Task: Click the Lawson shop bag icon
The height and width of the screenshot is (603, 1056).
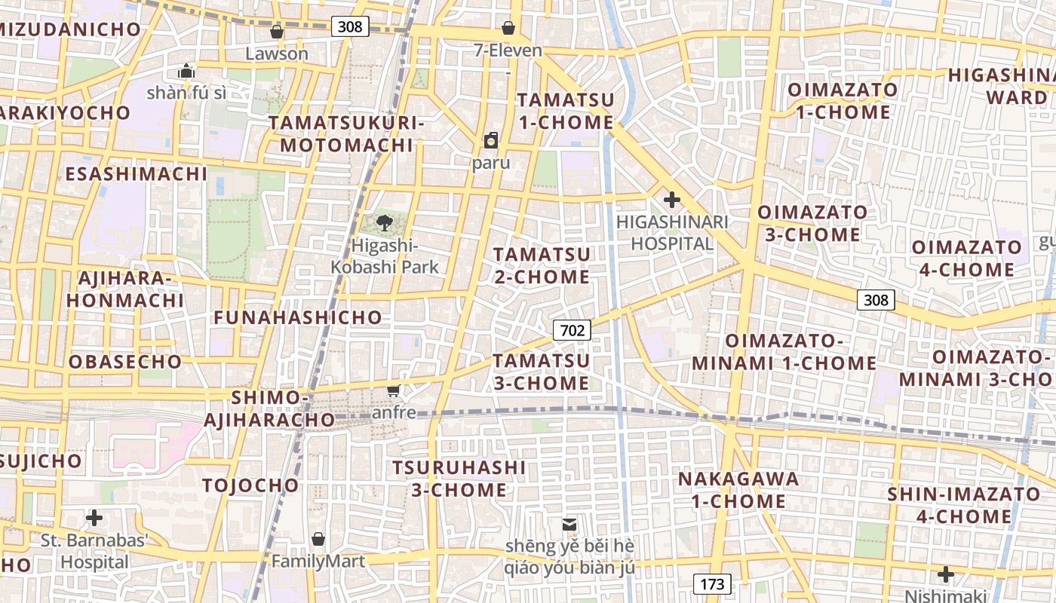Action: tap(277, 32)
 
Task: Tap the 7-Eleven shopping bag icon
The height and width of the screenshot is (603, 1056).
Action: tap(508, 29)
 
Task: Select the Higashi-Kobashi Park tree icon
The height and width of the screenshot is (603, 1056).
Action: tap(385, 223)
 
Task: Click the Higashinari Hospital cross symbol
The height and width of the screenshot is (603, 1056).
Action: tap(671, 200)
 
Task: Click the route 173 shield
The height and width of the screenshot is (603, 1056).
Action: tap(711, 583)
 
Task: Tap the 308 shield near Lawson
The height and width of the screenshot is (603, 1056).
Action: tap(349, 26)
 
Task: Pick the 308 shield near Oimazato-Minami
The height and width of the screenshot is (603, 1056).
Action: tap(876, 300)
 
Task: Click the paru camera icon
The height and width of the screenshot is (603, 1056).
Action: tap(491, 140)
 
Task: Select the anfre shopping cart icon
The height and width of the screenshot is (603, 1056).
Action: tap(393, 390)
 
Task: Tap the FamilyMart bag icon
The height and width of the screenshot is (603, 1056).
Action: tap(318, 539)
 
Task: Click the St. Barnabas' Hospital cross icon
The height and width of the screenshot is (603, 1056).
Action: tap(94, 518)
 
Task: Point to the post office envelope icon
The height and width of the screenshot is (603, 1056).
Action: tap(569, 524)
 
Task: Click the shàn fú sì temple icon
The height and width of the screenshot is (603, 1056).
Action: tap(186, 72)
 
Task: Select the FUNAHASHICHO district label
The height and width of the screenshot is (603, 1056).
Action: tap(298, 317)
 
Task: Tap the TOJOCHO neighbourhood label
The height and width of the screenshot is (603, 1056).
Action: tap(250, 485)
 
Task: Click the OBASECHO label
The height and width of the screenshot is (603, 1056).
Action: tap(125, 362)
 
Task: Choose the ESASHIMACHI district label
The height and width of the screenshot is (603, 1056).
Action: tap(136, 174)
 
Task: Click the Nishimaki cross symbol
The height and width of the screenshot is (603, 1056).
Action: tap(945, 574)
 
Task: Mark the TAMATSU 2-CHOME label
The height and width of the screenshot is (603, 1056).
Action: tap(542, 265)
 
